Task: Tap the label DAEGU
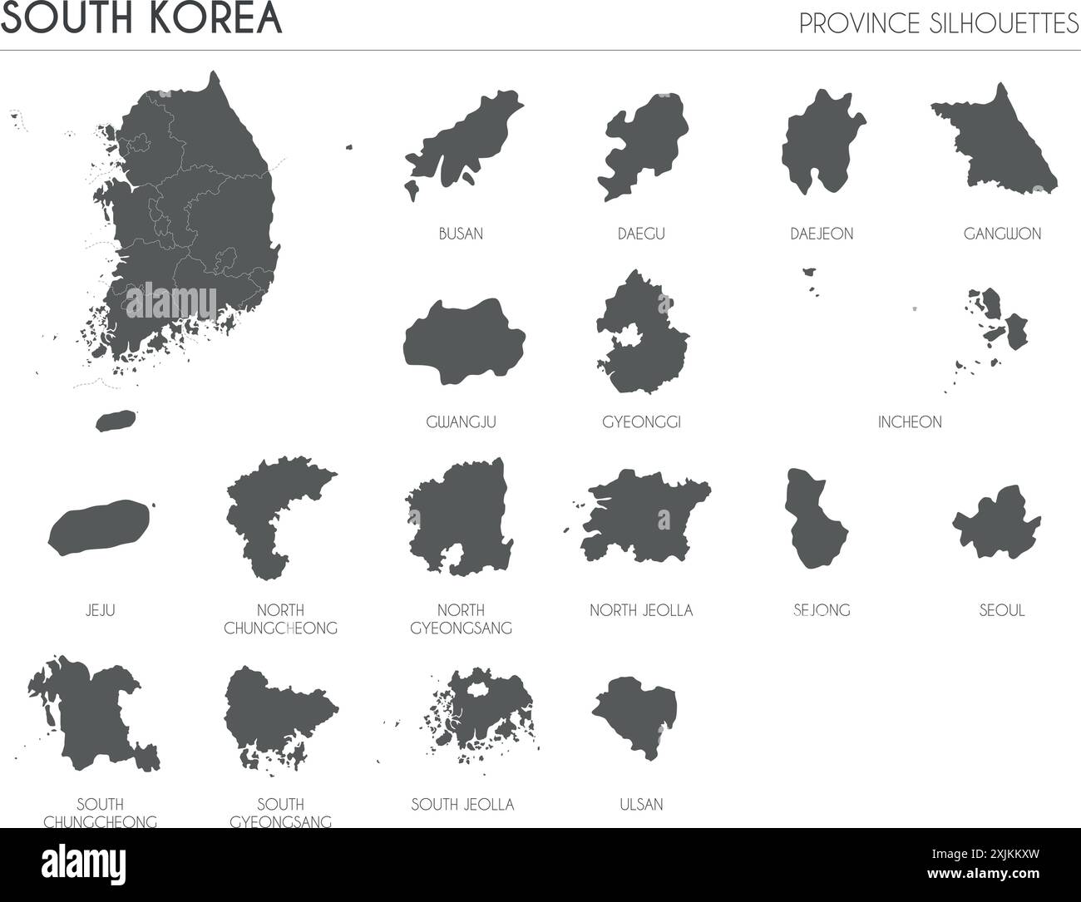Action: tap(641, 234)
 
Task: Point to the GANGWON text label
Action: tap(1002, 234)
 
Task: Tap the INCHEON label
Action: tap(910, 422)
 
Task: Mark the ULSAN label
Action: tap(641, 804)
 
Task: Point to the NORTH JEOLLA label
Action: tap(641, 610)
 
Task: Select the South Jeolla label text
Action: tap(462, 804)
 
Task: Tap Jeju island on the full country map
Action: tap(115, 421)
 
